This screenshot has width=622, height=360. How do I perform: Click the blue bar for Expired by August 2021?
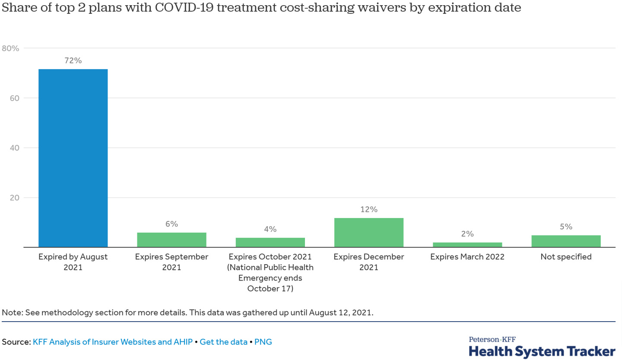(73, 158)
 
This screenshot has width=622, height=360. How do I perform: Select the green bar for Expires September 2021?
(171, 240)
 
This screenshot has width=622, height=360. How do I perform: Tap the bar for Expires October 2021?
(270, 243)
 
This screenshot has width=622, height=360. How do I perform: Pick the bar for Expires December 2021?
(369, 233)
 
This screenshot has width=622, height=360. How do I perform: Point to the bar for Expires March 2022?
(467, 245)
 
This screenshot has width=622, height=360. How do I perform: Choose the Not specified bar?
(566, 241)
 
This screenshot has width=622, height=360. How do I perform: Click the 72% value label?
(73, 61)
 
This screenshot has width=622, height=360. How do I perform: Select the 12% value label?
(369, 210)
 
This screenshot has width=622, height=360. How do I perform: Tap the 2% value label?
(467, 234)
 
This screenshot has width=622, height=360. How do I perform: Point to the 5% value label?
(566, 227)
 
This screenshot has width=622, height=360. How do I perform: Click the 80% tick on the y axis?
(11, 48)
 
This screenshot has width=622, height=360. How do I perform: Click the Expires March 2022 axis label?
(467, 257)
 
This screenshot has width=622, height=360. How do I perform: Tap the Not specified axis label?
(566, 257)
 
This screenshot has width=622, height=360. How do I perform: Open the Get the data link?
(224, 342)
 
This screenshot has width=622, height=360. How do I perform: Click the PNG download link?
(263, 342)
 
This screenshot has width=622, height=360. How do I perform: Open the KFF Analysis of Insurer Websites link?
(112, 342)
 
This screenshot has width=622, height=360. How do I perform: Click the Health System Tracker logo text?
(542, 351)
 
